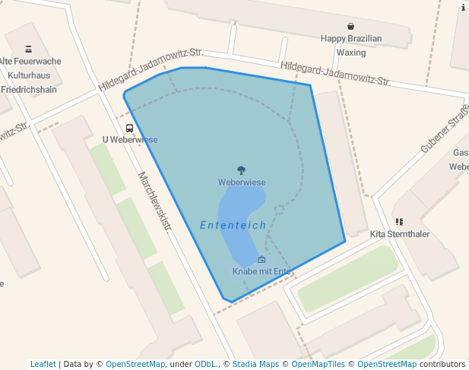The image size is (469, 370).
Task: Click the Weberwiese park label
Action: (241, 183)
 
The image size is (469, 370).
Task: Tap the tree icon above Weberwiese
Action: (241, 171)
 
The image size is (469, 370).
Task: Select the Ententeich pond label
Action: (233, 225)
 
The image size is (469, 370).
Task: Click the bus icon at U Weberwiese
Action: (129, 129)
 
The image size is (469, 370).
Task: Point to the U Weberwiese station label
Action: (130, 140)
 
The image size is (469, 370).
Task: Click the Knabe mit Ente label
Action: (262, 271)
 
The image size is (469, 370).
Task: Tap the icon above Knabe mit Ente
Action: (262, 260)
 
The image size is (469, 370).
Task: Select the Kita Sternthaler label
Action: (399, 234)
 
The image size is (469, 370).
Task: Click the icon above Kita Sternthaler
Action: (399, 222)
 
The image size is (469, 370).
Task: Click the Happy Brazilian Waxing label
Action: (350, 46)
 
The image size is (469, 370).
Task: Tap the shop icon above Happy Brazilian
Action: (350, 26)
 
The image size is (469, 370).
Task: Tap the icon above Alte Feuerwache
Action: (29, 49)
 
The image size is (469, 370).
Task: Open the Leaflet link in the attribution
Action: (43, 365)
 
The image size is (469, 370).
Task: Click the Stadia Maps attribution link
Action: (255, 365)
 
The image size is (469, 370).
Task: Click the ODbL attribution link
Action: (204, 365)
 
